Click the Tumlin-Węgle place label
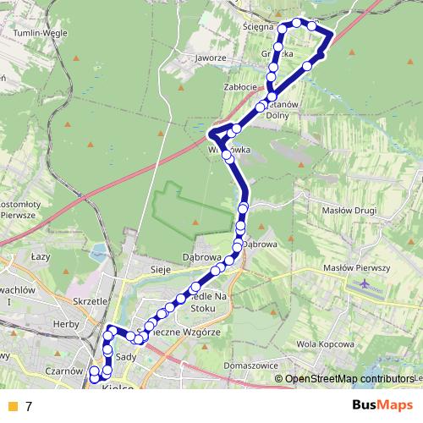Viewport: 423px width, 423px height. click(38, 33)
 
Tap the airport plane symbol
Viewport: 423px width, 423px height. click(366, 284)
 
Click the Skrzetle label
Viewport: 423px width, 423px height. click(90, 300)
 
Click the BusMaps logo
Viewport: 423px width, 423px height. click(376, 405)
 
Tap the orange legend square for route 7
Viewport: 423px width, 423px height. click(12, 406)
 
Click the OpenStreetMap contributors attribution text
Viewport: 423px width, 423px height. click(349, 380)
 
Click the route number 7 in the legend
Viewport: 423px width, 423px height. click(29, 406)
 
